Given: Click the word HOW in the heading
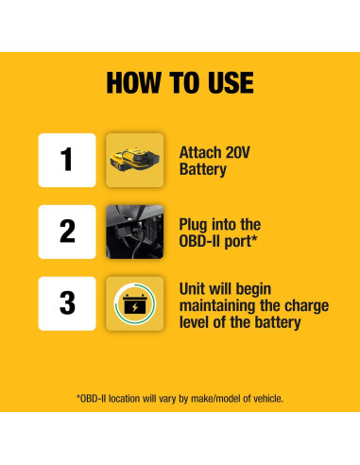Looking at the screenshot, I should coord(133,82).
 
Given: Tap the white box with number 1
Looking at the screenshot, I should coord(67,160).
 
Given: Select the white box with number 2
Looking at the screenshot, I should coord(67,232).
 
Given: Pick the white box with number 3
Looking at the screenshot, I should coord(67,302).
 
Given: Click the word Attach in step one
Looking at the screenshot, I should coord(199,152).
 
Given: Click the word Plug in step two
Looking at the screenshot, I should coord(195,224).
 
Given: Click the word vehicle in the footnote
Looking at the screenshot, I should coord(266,399).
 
